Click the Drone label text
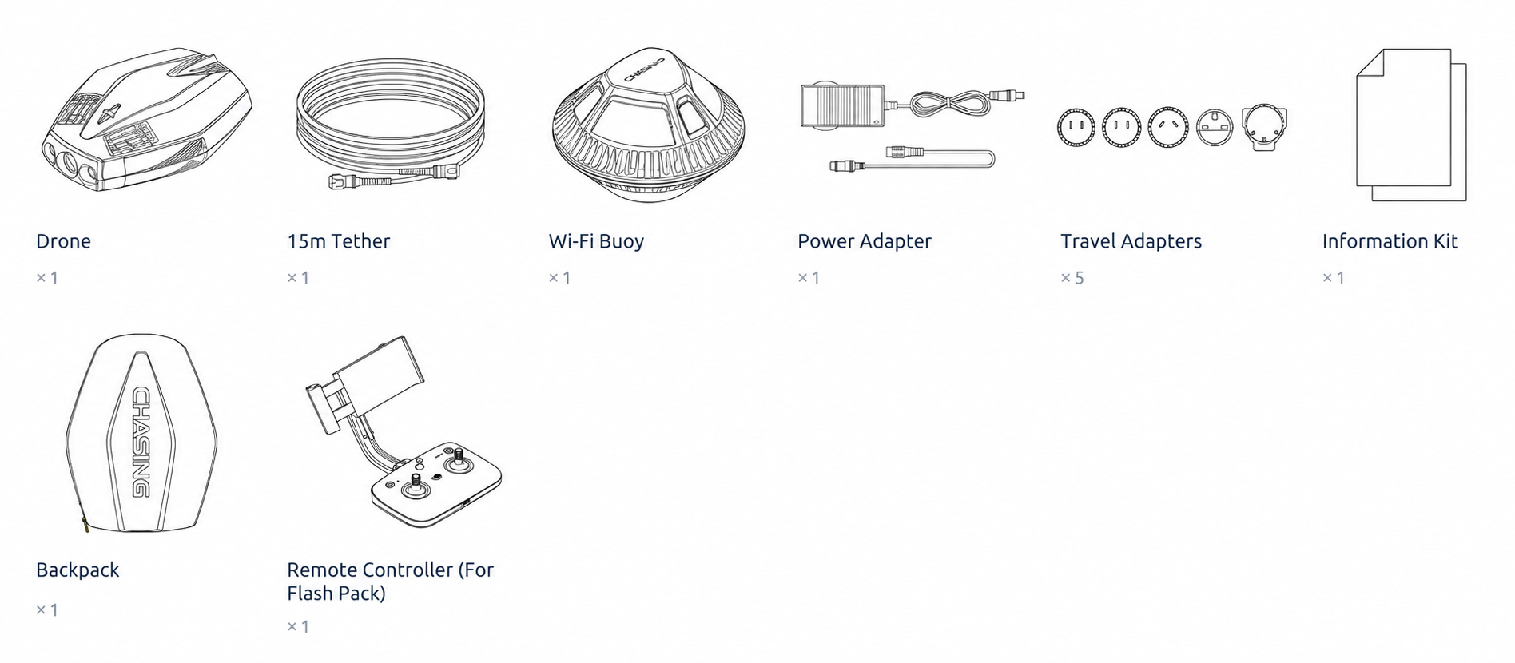[x=63, y=241]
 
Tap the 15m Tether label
[x=338, y=241]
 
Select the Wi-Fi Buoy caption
[x=596, y=241]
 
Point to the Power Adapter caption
[x=864, y=241]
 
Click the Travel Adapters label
[x=1131, y=241]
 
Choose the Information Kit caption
[x=1390, y=241]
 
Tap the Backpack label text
[x=78, y=570]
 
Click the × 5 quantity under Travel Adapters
[x=1072, y=278]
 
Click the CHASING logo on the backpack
[x=141, y=442]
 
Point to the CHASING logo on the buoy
[x=644, y=69]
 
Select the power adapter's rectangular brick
[x=842, y=105]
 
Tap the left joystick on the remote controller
[x=416, y=486]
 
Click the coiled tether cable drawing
[x=391, y=124]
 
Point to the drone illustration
[x=146, y=120]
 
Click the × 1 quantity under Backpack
[x=47, y=610]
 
